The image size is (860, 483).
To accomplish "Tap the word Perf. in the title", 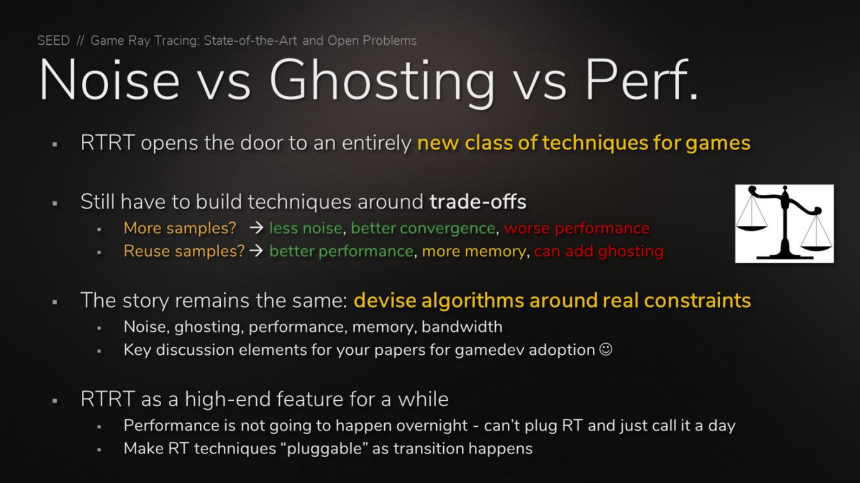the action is click(641, 80).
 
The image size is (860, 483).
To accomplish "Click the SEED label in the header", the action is click(53, 40).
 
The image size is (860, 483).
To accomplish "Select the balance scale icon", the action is click(784, 224).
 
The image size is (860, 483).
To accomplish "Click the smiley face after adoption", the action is click(606, 349).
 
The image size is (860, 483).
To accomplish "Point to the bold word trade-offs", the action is click(478, 202).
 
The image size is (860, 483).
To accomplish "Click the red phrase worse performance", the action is click(577, 228).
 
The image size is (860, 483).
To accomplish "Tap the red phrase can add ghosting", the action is click(598, 251).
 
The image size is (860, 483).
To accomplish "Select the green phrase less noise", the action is click(306, 228).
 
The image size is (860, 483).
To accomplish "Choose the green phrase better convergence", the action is click(423, 228).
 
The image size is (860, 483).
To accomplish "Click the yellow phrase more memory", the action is click(474, 251).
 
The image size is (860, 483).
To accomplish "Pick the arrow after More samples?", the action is click(256, 228).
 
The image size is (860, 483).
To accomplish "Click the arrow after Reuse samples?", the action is click(256, 251).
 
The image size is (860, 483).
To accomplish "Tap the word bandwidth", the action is click(462, 327).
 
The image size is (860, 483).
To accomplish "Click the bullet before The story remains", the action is click(55, 302).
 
